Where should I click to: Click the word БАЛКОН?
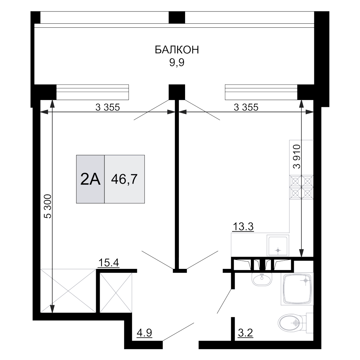(x=177, y=50)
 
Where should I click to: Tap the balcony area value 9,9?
(x=177, y=63)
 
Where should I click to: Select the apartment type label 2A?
(x=90, y=179)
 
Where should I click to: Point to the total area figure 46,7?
(x=125, y=179)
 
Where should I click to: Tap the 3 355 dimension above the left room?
(x=107, y=107)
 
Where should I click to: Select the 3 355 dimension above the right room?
(x=246, y=107)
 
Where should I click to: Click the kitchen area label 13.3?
(x=244, y=227)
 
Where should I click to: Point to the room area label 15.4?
(x=109, y=263)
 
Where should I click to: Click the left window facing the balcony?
(x=93, y=92)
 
